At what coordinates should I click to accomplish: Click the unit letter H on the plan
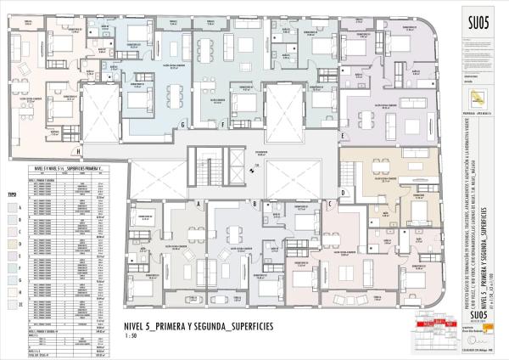click(78, 153)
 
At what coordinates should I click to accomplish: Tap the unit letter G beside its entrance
click(182, 125)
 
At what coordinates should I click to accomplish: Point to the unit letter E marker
click(343, 135)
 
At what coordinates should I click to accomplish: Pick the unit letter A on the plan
click(197, 205)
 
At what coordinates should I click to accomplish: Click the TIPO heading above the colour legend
click(11, 194)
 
